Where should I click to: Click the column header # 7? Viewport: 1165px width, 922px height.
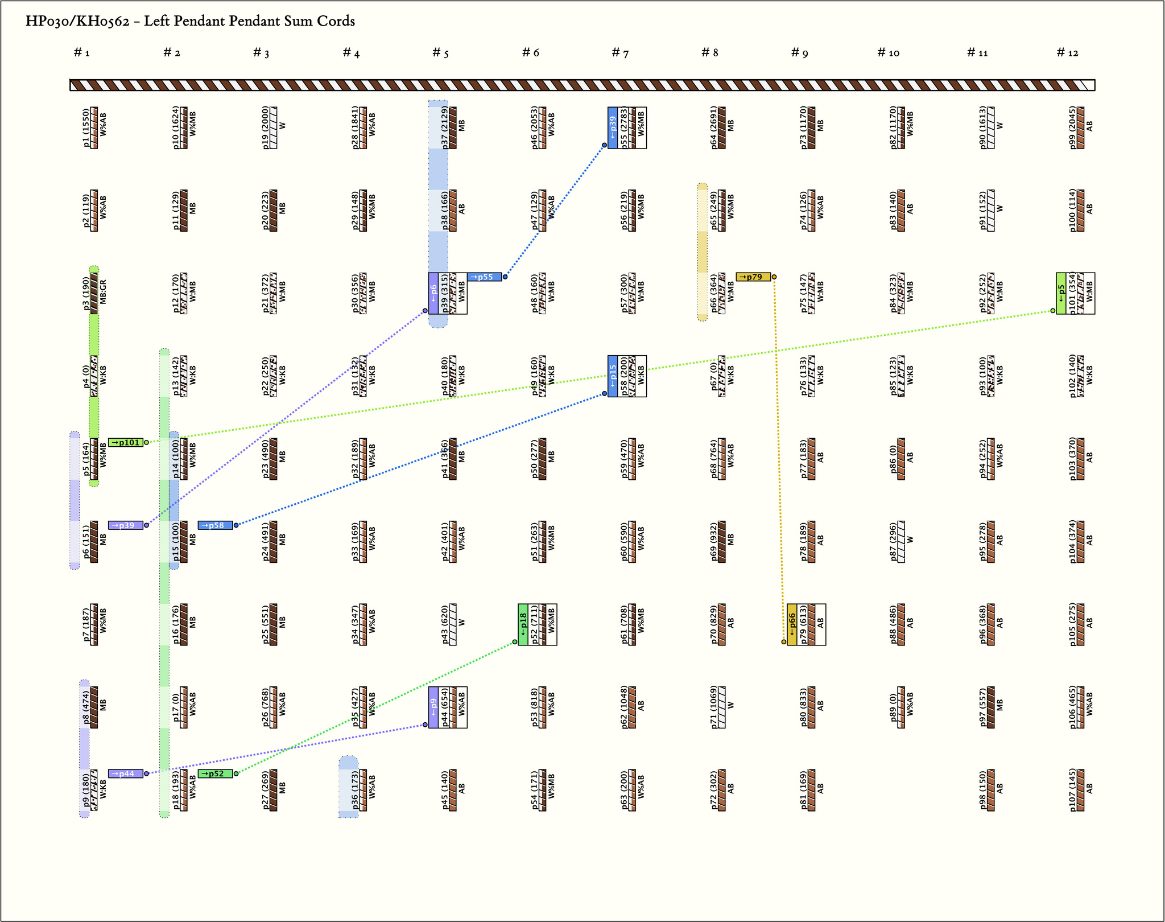pyautogui.click(x=619, y=53)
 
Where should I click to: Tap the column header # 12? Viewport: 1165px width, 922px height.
pyautogui.click(x=1067, y=53)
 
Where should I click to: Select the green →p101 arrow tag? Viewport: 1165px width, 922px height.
pyautogui.click(x=126, y=442)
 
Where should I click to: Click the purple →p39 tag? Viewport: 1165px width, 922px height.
pyautogui.click(x=126, y=525)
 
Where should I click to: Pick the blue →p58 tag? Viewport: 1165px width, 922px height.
pyautogui.click(x=215, y=525)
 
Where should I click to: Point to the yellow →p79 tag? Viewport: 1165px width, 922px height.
pyautogui.click(x=753, y=277)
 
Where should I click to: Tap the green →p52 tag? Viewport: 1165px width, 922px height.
pyautogui.click(x=215, y=773)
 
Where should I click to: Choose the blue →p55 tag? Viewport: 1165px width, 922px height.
pyautogui.click(x=484, y=277)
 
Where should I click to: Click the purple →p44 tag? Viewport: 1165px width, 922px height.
pyautogui.click(x=126, y=773)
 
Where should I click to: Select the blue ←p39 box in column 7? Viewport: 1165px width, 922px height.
pyautogui.click(x=613, y=127)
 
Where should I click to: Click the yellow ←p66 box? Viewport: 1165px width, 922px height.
pyautogui.click(x=792, y=624)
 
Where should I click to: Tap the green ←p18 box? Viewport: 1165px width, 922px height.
pyautogui.click(x=523, y=624)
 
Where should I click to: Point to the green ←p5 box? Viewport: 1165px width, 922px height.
pyautogui.click(x=1061, y=293)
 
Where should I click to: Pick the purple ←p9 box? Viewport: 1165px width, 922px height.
pyautogui.click(x=433, y=707)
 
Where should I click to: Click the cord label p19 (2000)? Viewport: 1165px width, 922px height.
pyautogui.click(x=266, y=127)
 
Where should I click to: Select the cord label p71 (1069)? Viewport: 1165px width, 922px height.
pyautogui.click(x=714, y=707)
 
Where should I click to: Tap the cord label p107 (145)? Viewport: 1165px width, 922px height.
pyautogui.click(x=1072, y=790)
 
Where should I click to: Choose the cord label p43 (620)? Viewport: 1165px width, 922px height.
pyautogui.click(x=445, y=624)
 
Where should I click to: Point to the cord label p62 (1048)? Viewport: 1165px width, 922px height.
pyautogui.click(x=624, y=707)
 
